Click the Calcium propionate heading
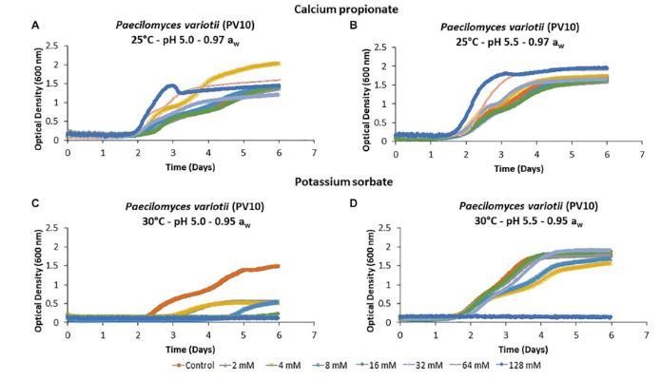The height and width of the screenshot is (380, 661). point(329,8)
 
